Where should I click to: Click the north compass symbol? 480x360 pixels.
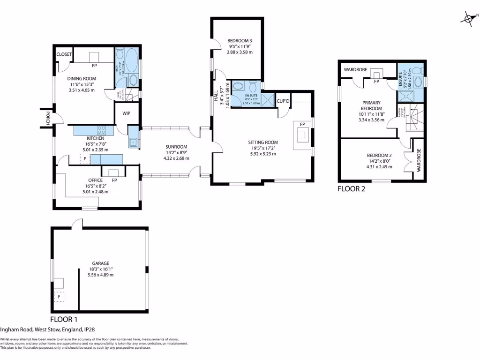click(x=468, y=19)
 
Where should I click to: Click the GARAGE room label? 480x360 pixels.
click(x=100, y=263)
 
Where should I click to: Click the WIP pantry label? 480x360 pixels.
click(x=126, y=113)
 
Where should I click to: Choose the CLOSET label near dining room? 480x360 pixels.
click(x=64, y=54)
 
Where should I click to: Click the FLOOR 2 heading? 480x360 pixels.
click(x=351, y=189)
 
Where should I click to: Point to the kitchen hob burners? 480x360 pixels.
click(x=102, y=131)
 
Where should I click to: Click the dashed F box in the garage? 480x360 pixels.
click(x=60, y=297)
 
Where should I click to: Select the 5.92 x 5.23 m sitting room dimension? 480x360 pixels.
click(x=263, y=154)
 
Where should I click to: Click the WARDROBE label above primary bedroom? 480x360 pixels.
click(x=355, y=70)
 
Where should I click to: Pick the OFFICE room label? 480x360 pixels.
click(x=95, y=180)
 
